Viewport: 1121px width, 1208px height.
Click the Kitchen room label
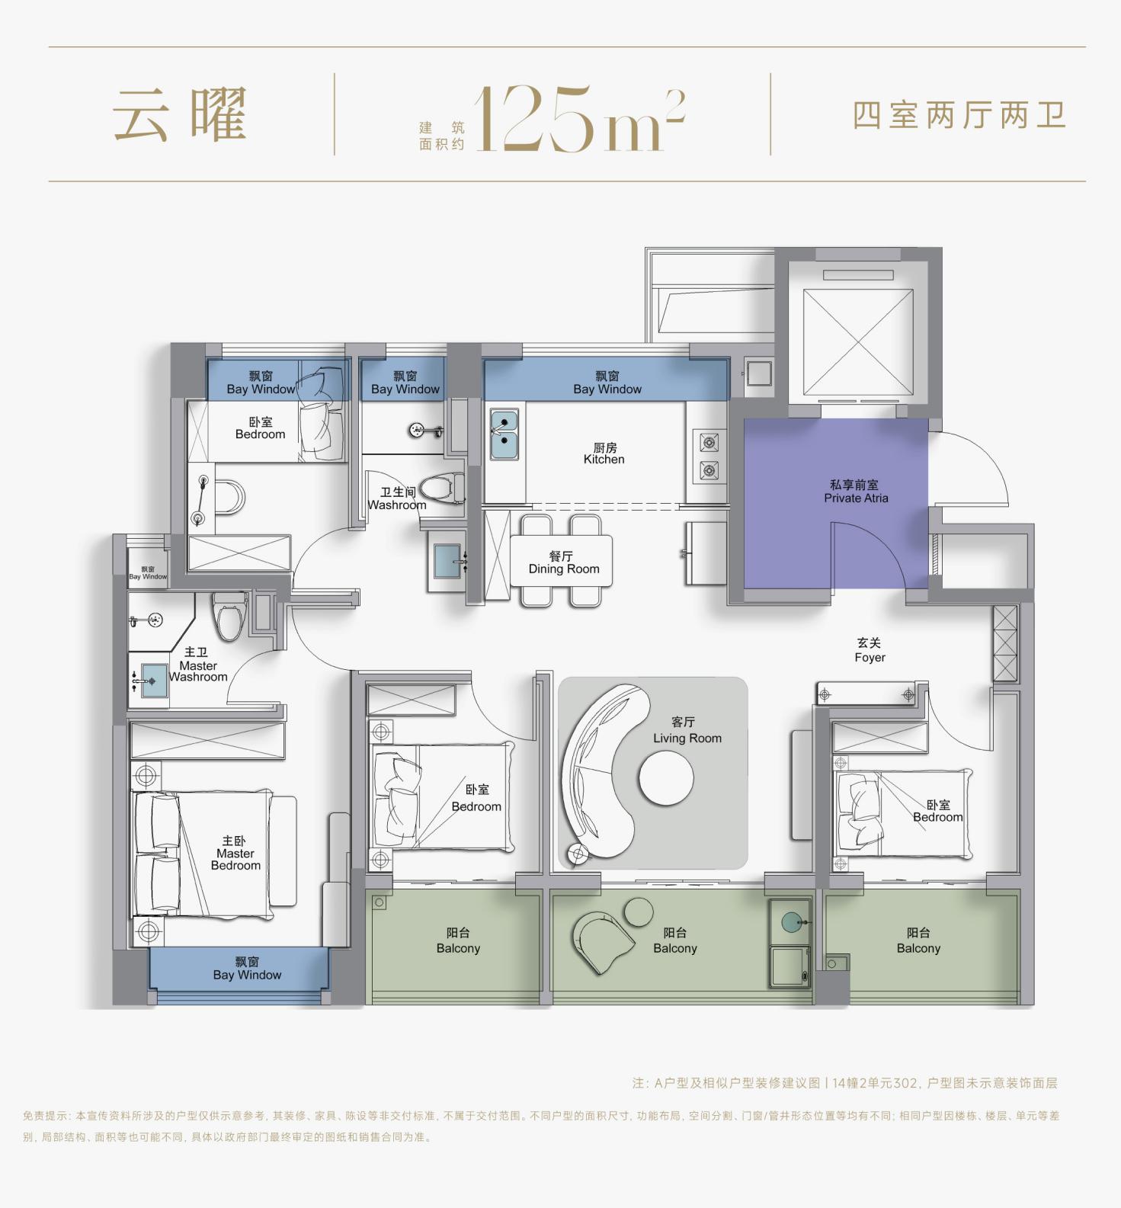(x=604, y=453)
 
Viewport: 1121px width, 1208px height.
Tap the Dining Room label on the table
(x=563, y=562)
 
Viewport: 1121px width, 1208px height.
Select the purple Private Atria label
(x=855, y=492)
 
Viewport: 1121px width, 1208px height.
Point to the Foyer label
(x=870, y=650)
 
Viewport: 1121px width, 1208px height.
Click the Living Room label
(x=686, y=730)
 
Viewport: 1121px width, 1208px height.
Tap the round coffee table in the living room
(x=666, y=778)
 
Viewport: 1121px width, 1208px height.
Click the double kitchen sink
(x=504, y=434)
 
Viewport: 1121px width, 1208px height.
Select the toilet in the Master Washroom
(x=229, y=617)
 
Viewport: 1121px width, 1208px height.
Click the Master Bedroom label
(x=235, y=853)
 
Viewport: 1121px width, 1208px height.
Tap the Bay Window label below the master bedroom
(x=247, y=969)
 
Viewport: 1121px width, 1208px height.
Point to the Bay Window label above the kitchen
(x=607, y=383)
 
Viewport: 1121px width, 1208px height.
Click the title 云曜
(x=181, y=114)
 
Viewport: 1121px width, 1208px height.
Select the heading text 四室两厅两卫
(x=959, y=115)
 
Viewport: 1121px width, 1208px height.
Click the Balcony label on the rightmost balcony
(x=918, y=940)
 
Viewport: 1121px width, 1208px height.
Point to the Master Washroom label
(x=198, y=665)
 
